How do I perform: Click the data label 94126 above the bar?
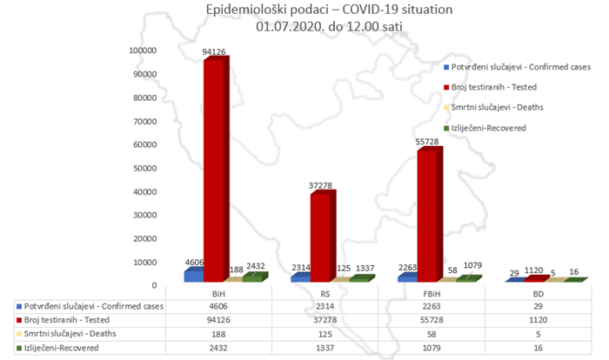coord(214,52)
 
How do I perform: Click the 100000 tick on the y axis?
coord(141,50)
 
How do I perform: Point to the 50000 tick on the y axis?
coord(144,168)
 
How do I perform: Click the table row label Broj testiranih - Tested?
coord(70,321)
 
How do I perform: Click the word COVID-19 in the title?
coord(346,11)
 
